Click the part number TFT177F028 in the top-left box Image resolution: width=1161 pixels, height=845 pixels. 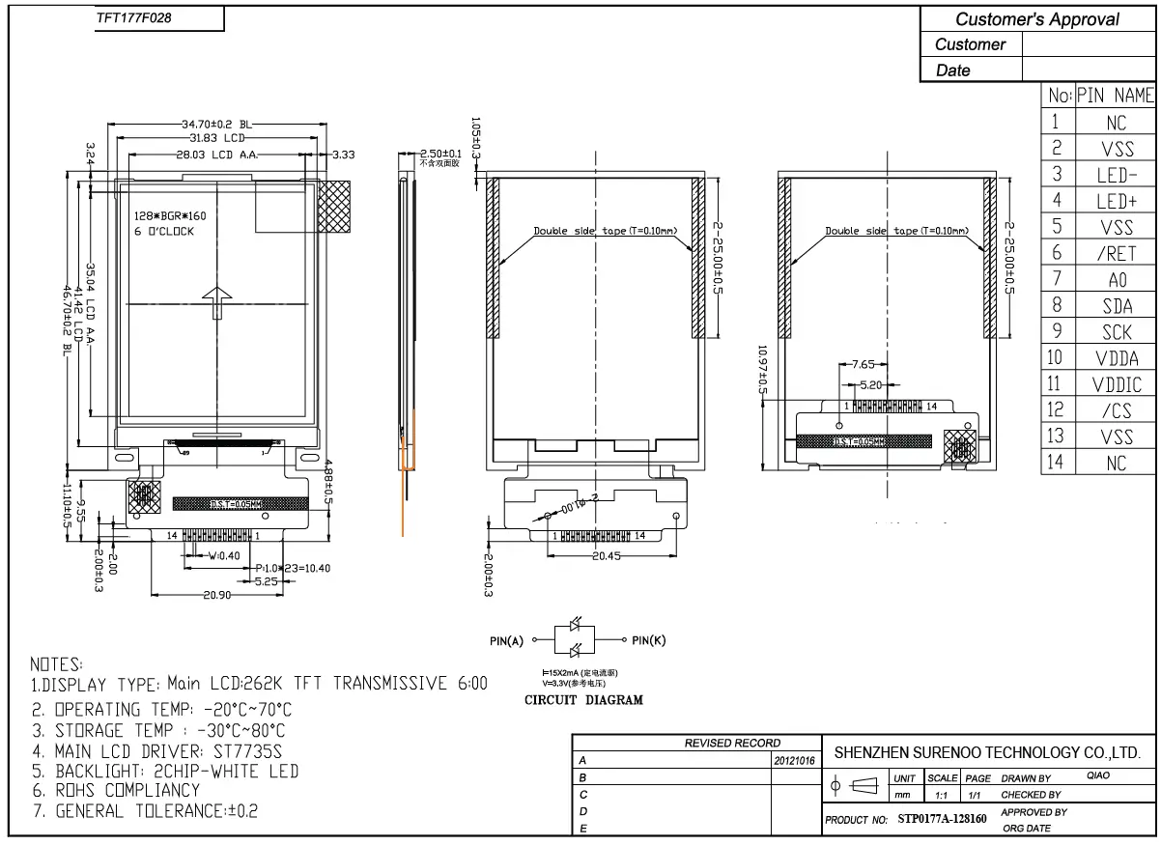tap(134, 18)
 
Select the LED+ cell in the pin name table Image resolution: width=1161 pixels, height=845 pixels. tap(1116, 201)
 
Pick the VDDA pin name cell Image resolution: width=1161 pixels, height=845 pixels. tap(1116, 358)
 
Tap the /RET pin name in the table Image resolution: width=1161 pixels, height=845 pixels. tap(1116, 254)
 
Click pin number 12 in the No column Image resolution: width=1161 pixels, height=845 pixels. tap(1056, 410)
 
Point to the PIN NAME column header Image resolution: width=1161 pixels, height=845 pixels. tap(1116, 96)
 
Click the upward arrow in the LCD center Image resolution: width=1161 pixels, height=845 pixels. tap(219, 303)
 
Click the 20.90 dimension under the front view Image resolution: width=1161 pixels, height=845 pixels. tap(216, 596)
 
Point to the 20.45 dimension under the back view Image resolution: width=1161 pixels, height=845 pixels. tap(607, 557)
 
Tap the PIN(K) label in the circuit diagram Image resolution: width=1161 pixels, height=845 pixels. tap(649, 639)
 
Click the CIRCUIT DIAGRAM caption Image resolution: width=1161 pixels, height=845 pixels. tap(582, 700)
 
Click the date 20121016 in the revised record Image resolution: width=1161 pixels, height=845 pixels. tap(796, 761)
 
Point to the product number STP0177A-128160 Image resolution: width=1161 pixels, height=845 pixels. tap(942, 820)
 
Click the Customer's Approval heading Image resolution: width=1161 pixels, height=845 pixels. tap(1036, 18)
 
